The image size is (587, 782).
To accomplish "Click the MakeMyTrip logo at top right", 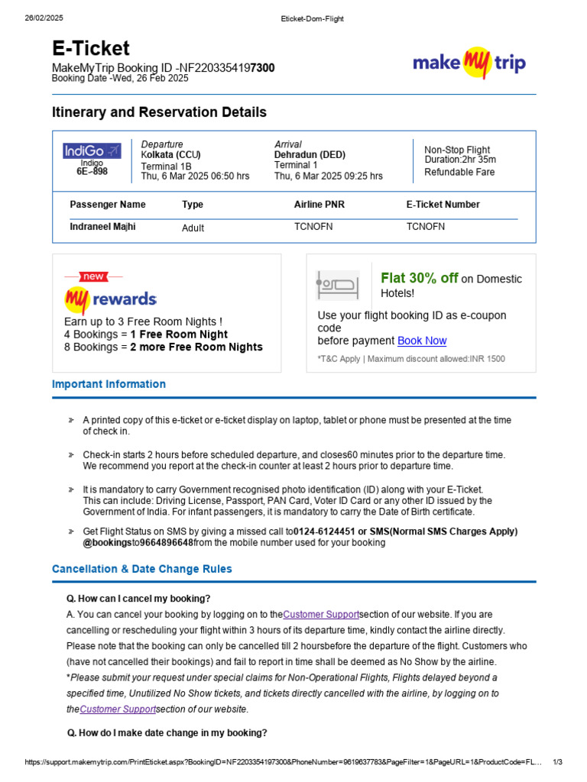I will coord(469,62).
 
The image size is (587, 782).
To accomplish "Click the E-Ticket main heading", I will coord(90,49).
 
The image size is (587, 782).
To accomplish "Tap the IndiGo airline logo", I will coord(92,151).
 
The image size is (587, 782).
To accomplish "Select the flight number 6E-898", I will coord(92,172).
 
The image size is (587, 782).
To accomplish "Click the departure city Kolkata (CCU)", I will coord(170,155).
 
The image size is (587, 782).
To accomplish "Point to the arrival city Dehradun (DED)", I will coord(310,155).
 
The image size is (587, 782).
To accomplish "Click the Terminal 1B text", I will coord(166,166).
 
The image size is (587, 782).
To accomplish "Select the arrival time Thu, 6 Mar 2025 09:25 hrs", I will coord(329,176).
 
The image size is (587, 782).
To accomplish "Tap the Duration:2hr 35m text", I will coord(460,160).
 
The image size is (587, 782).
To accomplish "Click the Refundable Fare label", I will coord(459,172).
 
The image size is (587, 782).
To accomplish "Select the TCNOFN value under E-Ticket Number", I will coord(425,227).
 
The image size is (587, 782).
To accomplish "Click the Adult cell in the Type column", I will coord(193,228).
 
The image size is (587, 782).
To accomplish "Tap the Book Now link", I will coord(422,341).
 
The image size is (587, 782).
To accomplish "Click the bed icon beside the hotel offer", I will coord(337,285).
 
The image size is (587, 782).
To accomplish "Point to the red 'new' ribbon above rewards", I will coord(93,276).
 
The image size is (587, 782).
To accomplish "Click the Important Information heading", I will coord(109,384).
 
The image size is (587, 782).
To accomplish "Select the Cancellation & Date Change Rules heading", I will coord(141,569).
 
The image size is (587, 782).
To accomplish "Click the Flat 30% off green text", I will coord(419,278).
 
